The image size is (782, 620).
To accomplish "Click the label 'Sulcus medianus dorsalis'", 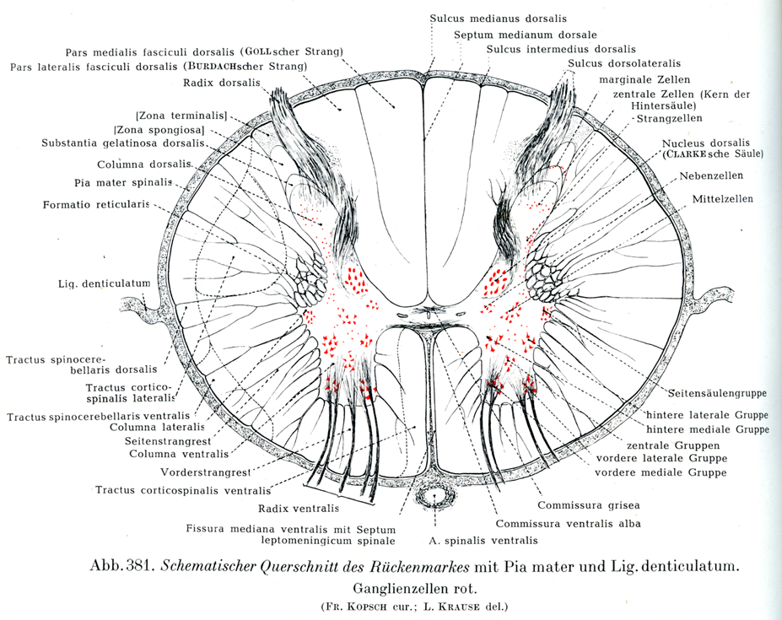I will [498, 18].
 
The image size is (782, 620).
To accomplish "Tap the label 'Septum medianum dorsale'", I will [525, 35].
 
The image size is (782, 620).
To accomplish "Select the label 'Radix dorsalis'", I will [220, 82].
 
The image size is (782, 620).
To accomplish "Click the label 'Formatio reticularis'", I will [95, 204].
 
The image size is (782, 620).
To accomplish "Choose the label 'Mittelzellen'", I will [723, 199].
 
